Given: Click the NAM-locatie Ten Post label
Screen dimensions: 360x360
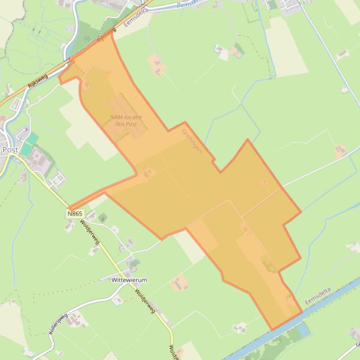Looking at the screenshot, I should [126, 121].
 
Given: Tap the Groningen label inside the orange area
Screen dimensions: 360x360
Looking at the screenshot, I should [191, 141].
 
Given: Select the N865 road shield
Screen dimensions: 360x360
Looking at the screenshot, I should [75, 214].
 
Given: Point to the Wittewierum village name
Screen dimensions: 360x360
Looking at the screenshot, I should [129, 280].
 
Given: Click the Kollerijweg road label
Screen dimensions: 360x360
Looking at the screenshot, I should [58, 323].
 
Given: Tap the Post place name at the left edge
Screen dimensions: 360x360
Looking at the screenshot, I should [10, 150].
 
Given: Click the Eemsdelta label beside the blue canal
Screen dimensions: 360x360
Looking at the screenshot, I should [318, 296].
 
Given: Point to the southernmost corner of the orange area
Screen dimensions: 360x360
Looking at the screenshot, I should [272, 330].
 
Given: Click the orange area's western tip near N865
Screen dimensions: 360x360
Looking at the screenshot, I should [69, 208].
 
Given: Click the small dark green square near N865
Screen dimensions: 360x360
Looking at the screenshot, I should [103, 217].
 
